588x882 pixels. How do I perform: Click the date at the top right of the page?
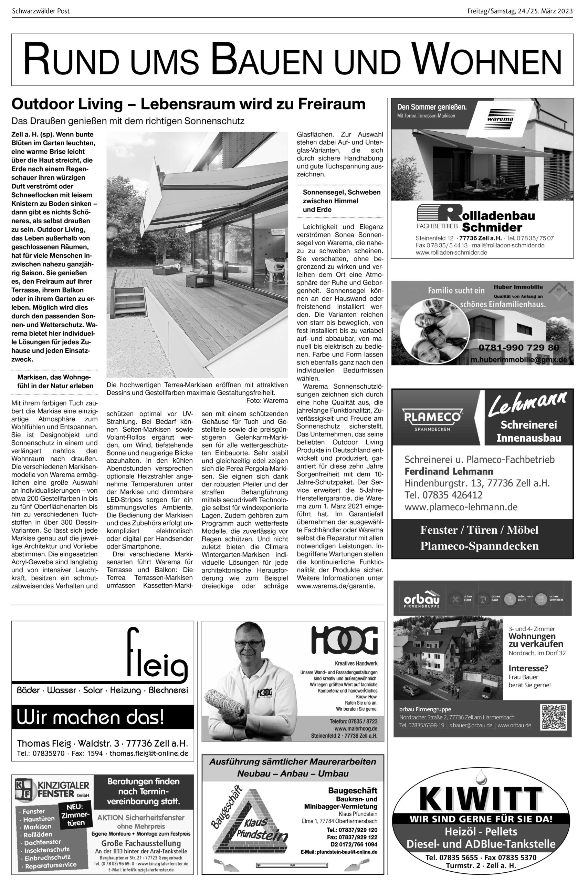(520, 11)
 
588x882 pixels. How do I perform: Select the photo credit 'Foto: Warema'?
(267, 400)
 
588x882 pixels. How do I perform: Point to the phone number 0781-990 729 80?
(518, 348)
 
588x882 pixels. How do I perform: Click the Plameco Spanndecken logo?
(432, 419)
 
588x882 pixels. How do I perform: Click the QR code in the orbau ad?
(554, 717)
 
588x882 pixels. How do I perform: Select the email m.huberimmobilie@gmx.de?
(519, 360)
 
